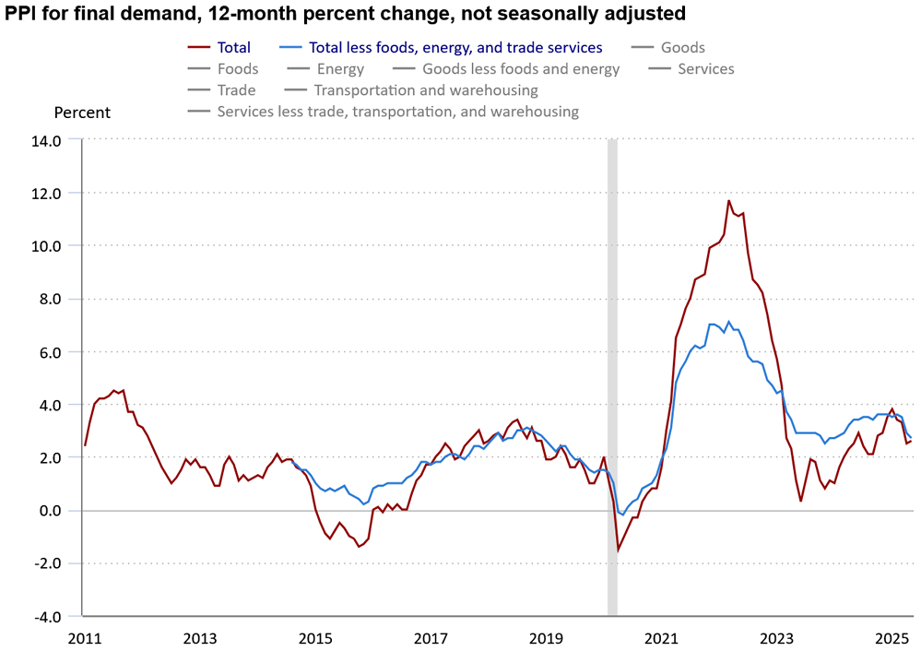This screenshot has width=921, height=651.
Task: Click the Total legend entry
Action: click(x=233, y=48)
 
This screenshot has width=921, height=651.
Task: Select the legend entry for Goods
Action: click(x=682, y=48)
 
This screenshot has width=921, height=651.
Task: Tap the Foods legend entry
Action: click(x=238, y=69)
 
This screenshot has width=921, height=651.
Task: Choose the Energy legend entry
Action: click(x=340, y=69)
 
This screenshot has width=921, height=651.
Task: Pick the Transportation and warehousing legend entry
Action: click(x=426, y=90)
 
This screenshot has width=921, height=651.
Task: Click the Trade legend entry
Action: click(x=236, y=90)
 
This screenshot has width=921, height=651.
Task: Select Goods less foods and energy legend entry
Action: click(x=521, y=69)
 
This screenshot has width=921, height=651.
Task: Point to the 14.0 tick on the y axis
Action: click(x=47, y=141)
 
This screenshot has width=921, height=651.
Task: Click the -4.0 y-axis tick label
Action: click(x=47, y=616)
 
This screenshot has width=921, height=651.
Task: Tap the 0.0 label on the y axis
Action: click(x=49, y=511)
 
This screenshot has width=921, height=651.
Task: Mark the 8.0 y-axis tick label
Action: click(x=49, y=300)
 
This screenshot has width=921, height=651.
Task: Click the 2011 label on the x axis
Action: click(x=84, y=638)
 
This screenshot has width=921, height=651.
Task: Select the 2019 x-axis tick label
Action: click(x=546, y=638)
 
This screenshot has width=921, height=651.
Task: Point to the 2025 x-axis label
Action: click(x=891, y=638)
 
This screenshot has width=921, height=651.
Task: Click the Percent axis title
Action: click(x=82, y=112)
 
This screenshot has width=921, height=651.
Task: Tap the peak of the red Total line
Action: click(x=728, y=200)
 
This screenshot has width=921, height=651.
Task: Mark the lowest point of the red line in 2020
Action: click(x=618, y=550)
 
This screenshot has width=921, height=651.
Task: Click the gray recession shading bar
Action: click(x=612, y=369)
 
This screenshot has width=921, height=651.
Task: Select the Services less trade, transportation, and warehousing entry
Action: click(x=397, y=112)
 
